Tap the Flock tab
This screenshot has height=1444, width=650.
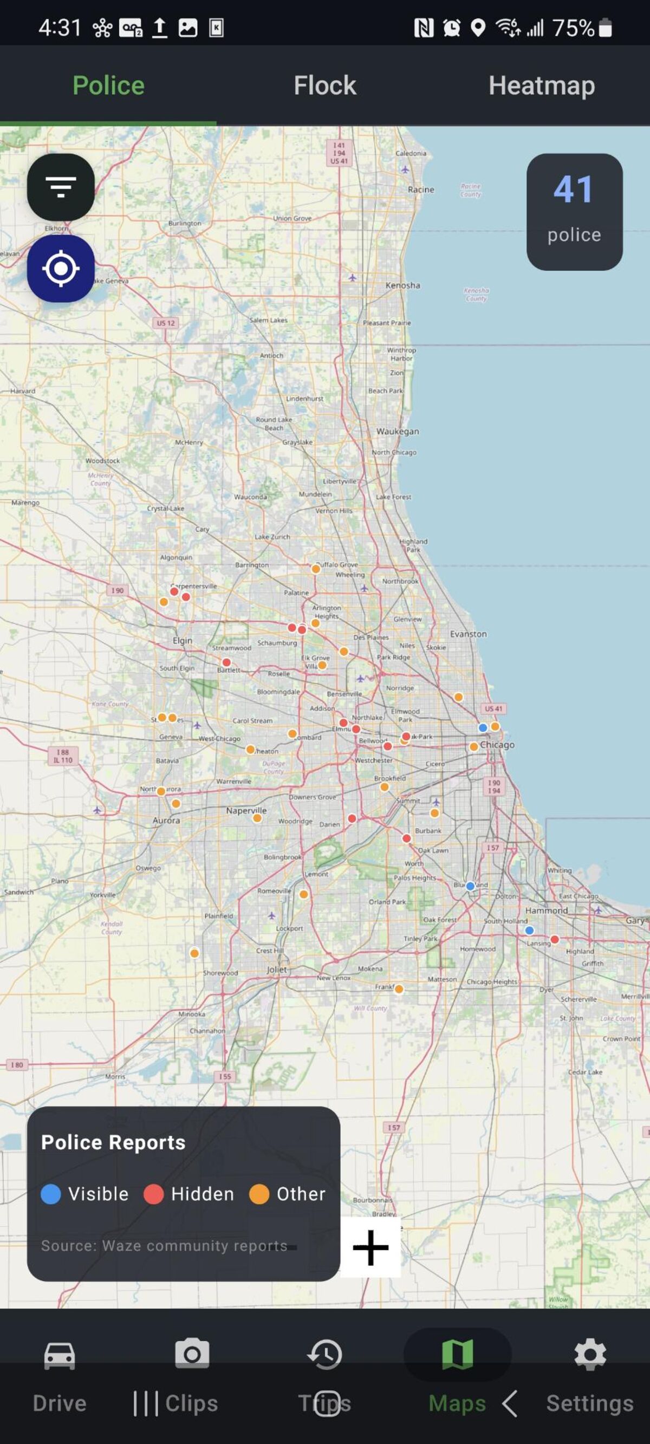pos(324,86)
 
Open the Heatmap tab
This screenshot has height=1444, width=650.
pos(541,86)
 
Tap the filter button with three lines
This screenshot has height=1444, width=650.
pos(61,187)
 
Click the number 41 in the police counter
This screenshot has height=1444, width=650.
pos(573,190)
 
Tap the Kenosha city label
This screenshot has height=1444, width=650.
pos(402,285)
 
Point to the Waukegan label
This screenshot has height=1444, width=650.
pos(397,431)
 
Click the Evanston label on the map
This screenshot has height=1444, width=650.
pos(469,634)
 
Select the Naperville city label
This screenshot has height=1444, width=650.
pos(246,811)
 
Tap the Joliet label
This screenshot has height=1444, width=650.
pos(276,969)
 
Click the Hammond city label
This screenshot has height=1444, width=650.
pos(546,910)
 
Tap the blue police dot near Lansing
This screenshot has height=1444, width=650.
pos(529,930)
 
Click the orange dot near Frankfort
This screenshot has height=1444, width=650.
pos(399,989)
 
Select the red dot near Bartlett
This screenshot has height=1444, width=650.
pos(226,662)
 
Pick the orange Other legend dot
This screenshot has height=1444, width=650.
pos(259,1193)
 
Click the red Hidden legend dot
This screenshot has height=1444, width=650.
pos(153,1193)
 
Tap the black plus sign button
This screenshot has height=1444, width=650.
pos(370,1247)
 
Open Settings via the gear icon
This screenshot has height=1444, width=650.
pos(590,1355)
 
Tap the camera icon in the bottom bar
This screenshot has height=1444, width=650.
pos(192,1354)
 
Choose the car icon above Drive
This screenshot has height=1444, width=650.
pos(60,1355)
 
